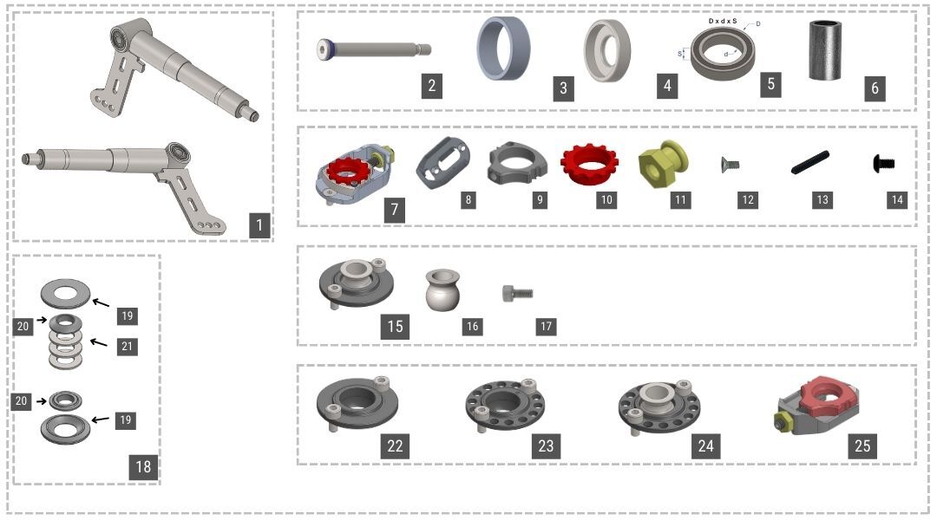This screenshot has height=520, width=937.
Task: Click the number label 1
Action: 259,226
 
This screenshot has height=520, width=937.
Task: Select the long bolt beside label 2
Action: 373,49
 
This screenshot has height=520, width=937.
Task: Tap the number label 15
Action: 395,326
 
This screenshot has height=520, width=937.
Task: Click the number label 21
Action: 127,346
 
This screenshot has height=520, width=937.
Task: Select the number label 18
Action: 143,466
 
